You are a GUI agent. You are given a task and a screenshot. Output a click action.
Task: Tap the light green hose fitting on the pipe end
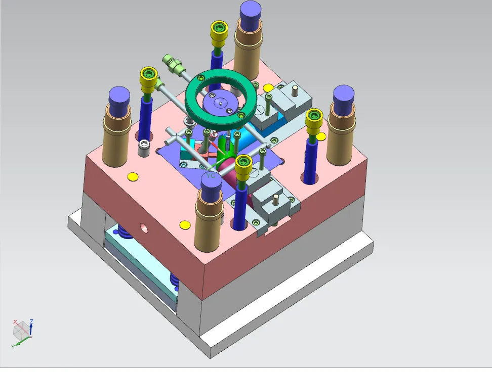[x=172, y=63]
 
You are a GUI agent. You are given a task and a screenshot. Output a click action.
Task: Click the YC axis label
[x=211, y=175]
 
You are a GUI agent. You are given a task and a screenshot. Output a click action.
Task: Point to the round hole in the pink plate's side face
[x=144, y=228]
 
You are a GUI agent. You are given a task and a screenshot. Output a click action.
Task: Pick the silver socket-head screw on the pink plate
[x=145, y=148]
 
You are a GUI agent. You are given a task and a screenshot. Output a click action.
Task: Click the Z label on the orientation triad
[x=31, y=321]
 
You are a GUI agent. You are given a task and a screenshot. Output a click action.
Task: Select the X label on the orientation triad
[x=15, y=321]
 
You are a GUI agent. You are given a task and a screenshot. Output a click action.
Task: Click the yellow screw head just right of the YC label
[x=243, y=163]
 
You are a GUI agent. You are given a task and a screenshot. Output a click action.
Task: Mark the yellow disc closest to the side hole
[x=185, y=224]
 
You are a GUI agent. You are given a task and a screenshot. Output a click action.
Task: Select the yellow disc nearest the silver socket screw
[x=133, y=176]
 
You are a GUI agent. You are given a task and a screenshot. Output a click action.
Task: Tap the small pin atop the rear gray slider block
[x=294, y=92]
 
